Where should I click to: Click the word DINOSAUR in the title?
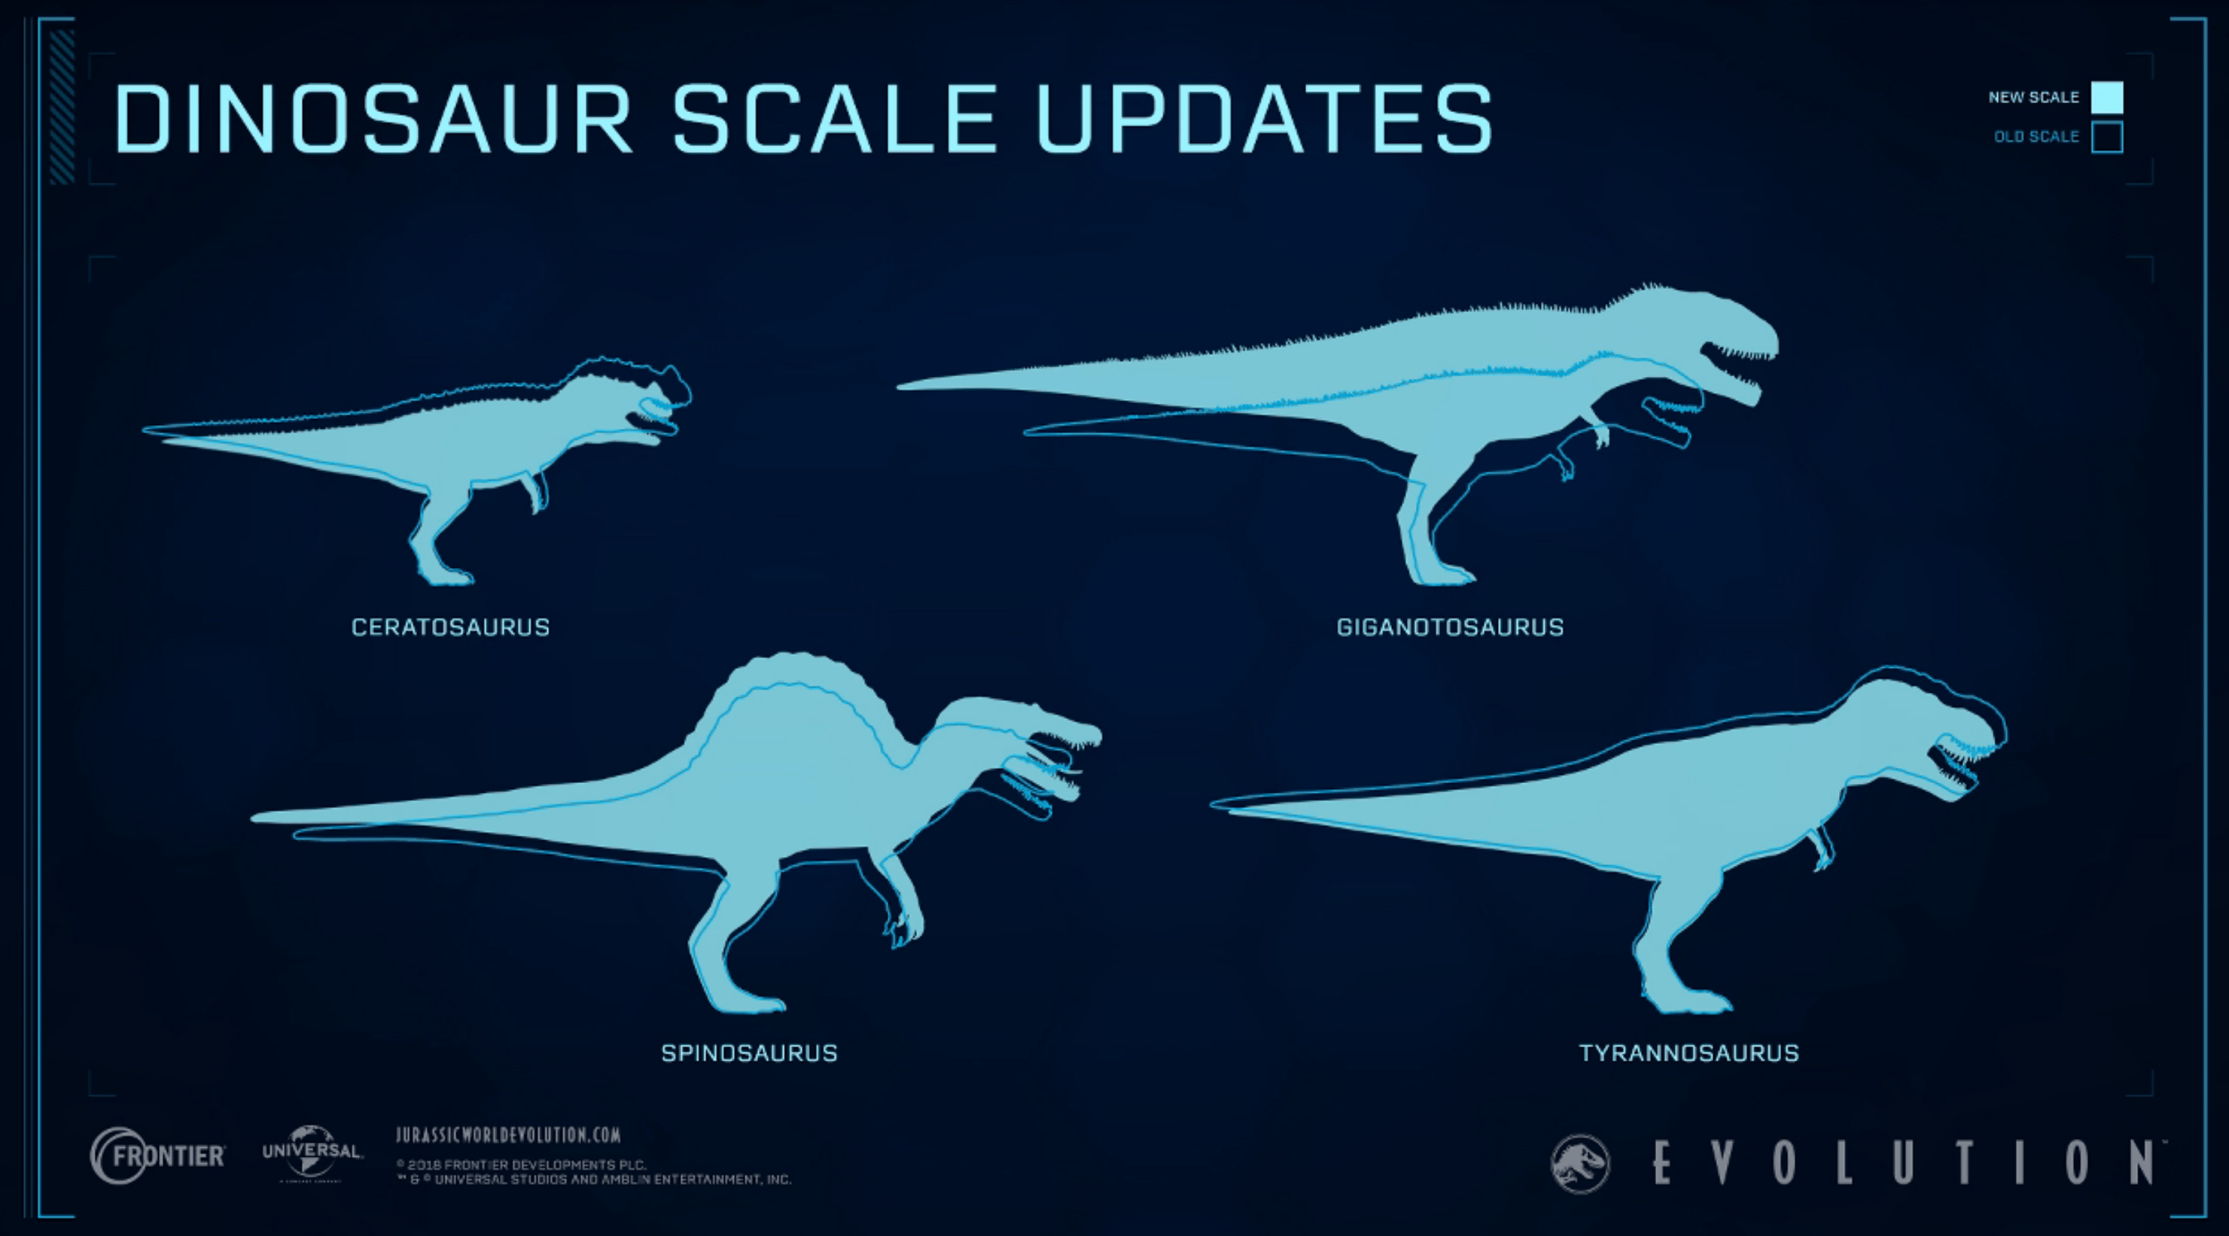click(373, 119)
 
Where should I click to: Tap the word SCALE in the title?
click(834, 119)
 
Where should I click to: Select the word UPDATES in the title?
click(1264, 119)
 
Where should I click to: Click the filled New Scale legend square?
click(2106, 98)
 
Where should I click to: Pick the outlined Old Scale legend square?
click(2106, 137)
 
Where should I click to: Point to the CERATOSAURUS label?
click(450, 627)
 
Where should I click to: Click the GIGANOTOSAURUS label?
click(1449, 627)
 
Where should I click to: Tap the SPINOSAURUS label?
click(749, 1052)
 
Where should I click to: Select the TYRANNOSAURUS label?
click(1688, 1052)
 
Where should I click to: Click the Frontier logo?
click(157, 1156)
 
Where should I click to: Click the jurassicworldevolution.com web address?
click(508, 1134)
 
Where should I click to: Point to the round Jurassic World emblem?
click(1580, 1163)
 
